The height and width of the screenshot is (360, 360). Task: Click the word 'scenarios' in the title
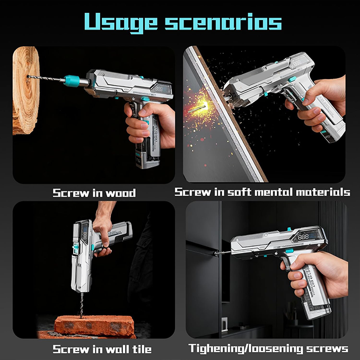click(223, 22)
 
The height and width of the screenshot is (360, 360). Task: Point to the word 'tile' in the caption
click(142, 349)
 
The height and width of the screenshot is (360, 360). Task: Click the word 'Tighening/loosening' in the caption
click(245, 349)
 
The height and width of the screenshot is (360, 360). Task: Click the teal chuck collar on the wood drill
click(72, 81)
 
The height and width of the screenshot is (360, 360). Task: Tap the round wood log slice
click(25, 90)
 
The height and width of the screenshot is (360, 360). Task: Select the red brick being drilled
click(94, 326)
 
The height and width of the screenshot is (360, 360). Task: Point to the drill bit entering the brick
click(82, 305)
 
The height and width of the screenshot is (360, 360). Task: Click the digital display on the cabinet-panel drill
click(306, 236)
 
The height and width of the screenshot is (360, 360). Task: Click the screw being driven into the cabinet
click(222, 253)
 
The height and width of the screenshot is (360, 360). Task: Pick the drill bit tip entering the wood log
click(29, 76)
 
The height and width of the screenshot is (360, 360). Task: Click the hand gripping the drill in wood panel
click(149, 122)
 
